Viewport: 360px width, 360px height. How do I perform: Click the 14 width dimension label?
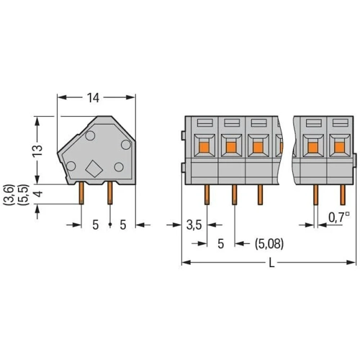93,98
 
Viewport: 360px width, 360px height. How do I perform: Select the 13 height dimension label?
37,151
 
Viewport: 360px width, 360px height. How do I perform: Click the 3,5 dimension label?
194,225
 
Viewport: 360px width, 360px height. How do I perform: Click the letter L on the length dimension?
271,263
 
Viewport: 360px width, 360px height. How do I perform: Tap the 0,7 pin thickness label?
339,217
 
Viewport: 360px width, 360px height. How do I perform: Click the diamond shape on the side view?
94,169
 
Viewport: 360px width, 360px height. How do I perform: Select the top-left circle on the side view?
90,136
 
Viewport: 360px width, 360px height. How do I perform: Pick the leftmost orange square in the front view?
204,147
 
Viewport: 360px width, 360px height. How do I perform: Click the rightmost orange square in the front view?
339,147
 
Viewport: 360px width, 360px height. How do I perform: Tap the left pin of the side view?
81,193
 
